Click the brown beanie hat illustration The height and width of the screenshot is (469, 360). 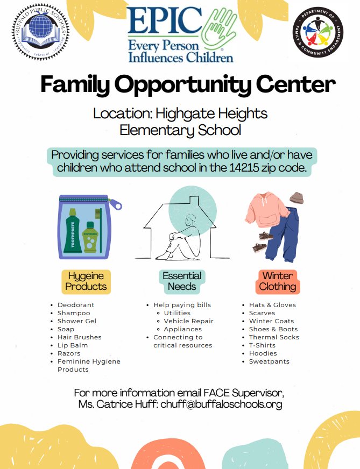296,197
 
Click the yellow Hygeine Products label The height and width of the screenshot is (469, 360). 86,281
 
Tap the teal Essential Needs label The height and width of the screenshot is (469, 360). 182,281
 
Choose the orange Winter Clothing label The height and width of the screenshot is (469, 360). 278,281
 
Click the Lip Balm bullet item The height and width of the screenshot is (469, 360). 73,345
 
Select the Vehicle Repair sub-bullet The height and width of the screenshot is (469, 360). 188,321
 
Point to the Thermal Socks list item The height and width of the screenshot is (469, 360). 274,337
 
